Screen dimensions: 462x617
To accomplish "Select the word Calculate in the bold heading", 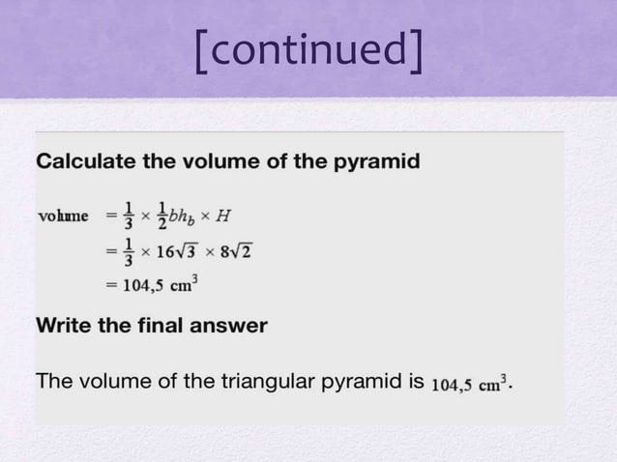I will click(x=81, y=161).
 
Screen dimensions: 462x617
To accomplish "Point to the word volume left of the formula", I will click(x=62, y=215).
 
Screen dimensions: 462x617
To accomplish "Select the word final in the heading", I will click(x=161, y=326).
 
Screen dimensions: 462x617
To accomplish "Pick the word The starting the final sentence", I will click(x=52, y=383).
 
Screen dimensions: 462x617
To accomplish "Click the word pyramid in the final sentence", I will click(x=353, y=383).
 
